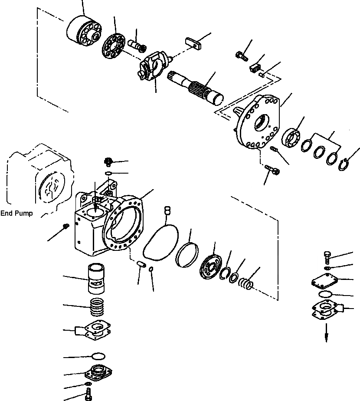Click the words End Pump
coord(16,213)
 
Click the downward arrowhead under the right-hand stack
coord(327,338)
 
